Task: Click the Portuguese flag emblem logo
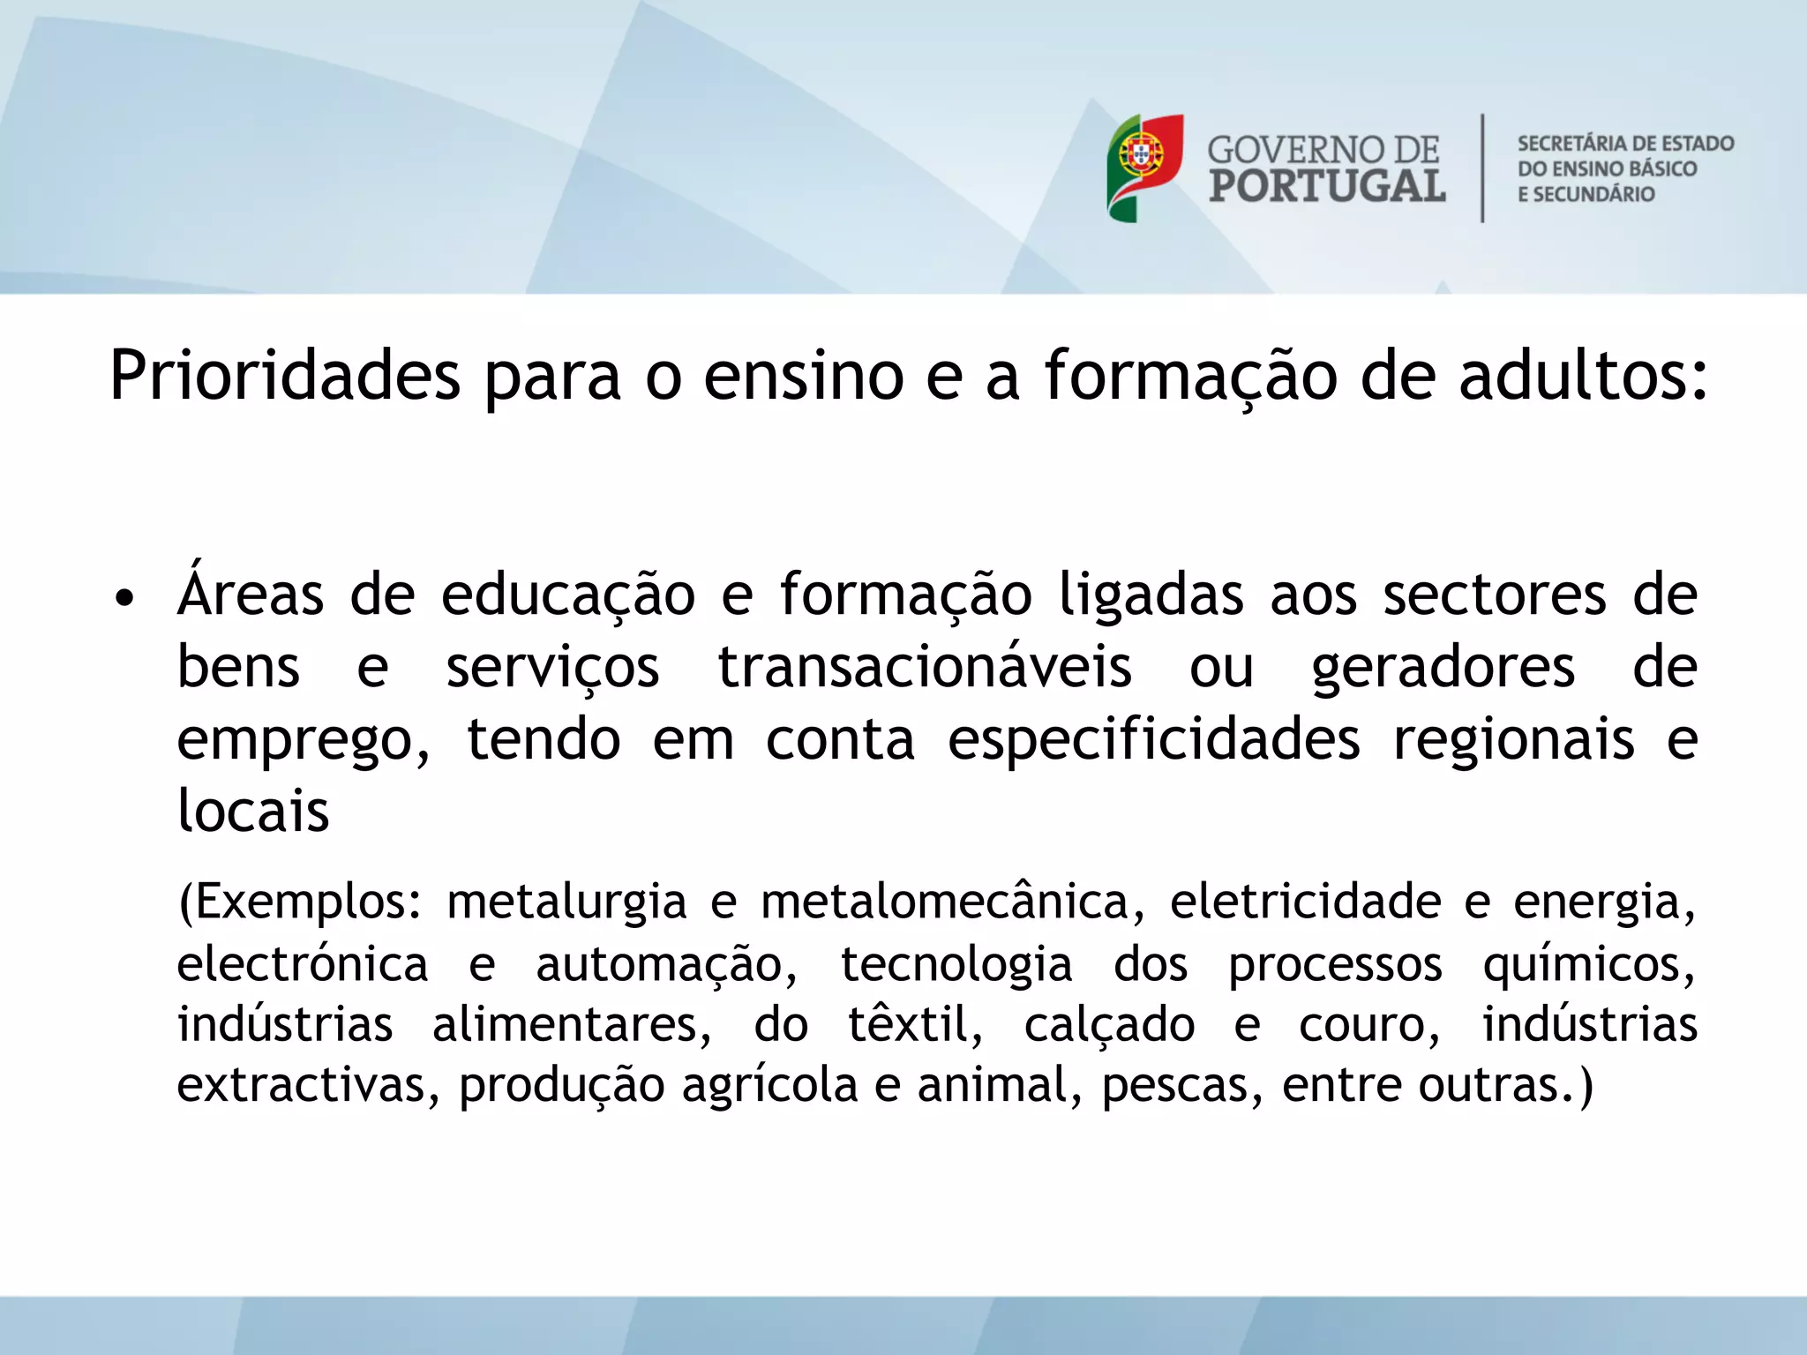(x=1144, y=168)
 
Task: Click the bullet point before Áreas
(x=125, y=599)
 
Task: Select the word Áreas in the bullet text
(x=251, y=593)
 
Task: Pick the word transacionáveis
(x=924, y=667)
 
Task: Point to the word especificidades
(x=1153, y=739)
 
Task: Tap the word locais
(x=253, y=810)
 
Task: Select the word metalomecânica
(x=945, y=902)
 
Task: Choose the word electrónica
(x=303, y=963)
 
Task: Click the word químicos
(x=1587, y=965)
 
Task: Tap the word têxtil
(x=914, y=1025)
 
